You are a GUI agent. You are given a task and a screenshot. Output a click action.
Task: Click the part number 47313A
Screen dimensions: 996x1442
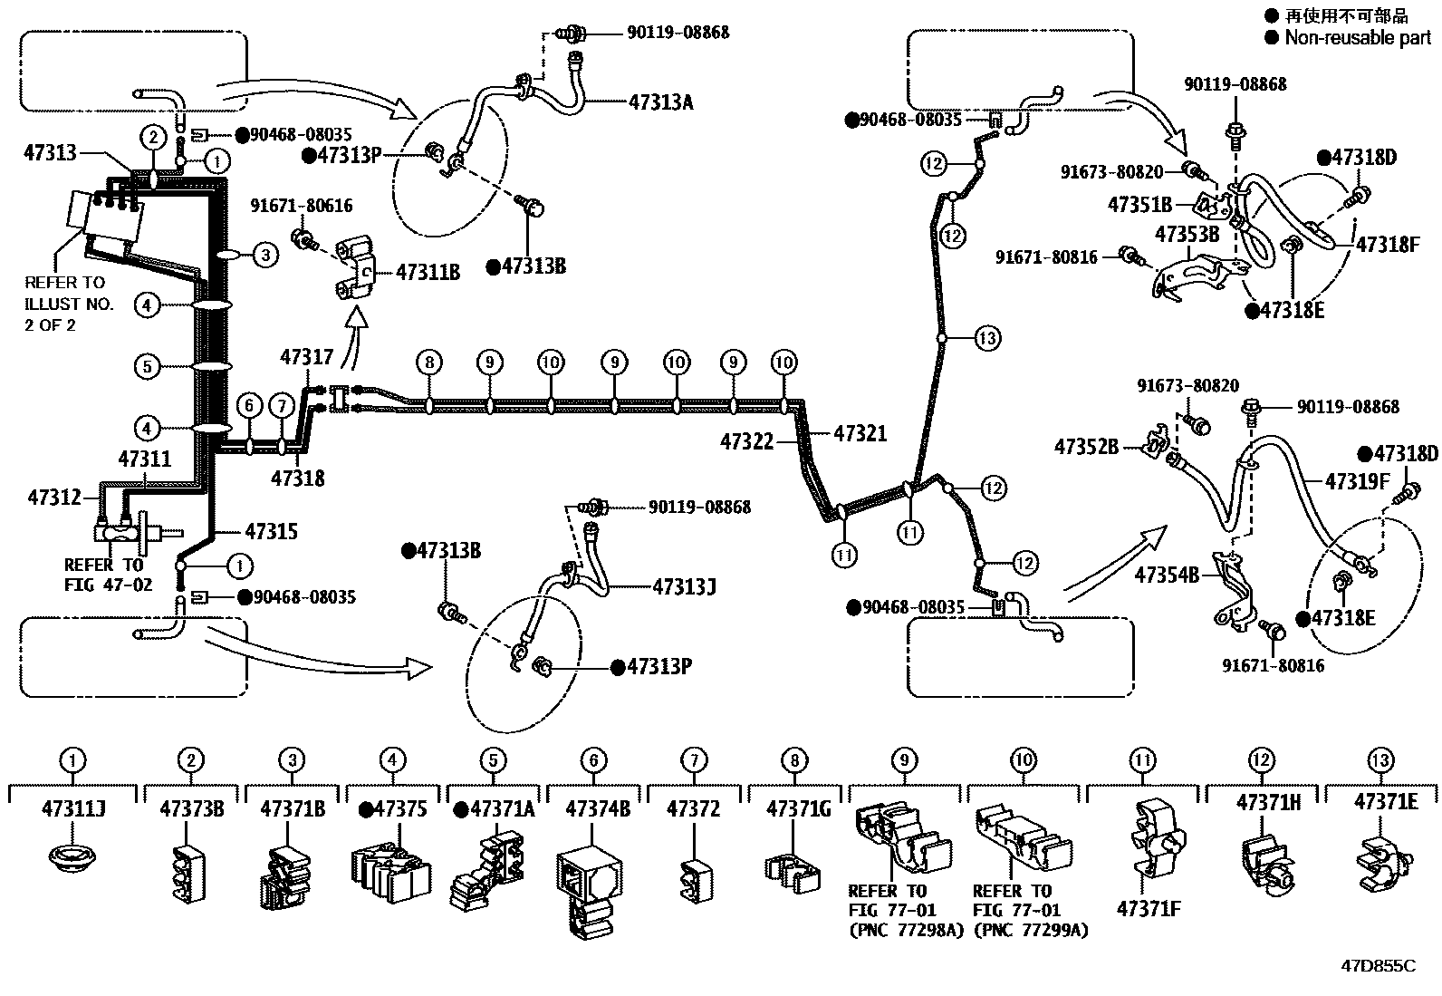tap(660, 102)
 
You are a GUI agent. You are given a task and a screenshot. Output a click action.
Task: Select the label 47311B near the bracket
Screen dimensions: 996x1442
tap(428, 271)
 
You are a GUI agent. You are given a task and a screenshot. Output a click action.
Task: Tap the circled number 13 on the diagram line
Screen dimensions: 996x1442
tap(987, 338)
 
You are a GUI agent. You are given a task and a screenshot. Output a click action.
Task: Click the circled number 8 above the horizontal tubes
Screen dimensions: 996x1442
tap(429, 363)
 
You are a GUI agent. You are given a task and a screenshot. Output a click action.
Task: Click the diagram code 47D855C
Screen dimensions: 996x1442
tap(1377, 965)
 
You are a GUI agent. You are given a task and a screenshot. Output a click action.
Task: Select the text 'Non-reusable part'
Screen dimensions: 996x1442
tap(1358, 37)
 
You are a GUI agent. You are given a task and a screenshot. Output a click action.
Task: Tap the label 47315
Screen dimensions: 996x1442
tap(271, 531)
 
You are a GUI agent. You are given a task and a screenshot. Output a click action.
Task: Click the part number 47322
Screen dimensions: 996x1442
tap(747, 441)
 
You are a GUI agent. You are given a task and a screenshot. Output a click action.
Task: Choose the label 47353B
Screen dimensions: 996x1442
tap(1187, 235)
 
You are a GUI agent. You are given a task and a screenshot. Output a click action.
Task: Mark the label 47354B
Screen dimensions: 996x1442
tap(1167, 575)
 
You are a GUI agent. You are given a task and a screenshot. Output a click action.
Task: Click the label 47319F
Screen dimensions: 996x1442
tap(1357, 481)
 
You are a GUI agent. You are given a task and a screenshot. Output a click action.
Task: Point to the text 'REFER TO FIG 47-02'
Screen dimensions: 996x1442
tap(102, 575)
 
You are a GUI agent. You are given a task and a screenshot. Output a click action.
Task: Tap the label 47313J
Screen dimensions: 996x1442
tap(684, 587)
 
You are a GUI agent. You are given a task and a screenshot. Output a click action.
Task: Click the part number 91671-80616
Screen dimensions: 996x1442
tap(301, 207)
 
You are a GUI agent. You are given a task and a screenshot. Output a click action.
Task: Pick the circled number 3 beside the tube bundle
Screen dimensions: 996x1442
tap(264, 255)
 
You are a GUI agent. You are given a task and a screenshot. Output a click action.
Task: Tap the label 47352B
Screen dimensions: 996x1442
tap(1086, 446)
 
